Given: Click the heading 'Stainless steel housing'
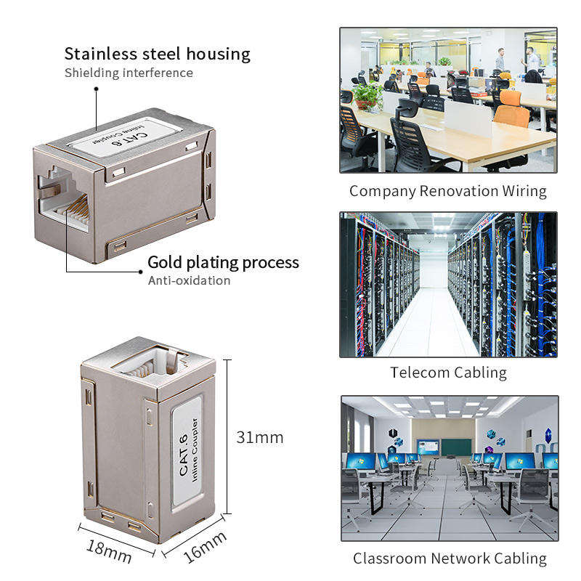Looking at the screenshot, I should coord(157,54).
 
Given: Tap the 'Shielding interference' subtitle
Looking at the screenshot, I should coord(129,73).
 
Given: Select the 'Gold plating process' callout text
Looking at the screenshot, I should coord(223,262).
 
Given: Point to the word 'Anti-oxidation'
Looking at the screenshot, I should coord(189,280).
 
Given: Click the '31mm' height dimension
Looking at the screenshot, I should coord(259,438).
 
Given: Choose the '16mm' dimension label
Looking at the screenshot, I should coord(206,547).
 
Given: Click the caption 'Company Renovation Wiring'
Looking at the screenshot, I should coord(447,192).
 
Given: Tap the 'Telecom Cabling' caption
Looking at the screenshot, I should coord(448,373).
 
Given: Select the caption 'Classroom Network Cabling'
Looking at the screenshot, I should coord(450,558).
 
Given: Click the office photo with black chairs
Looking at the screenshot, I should coord(448,100).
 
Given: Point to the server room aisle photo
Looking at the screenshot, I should coord(448,285).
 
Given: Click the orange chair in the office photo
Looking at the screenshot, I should coord(514,109).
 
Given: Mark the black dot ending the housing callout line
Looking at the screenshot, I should coord(95,89).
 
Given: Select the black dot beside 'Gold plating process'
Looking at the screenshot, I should coord(141,272).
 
